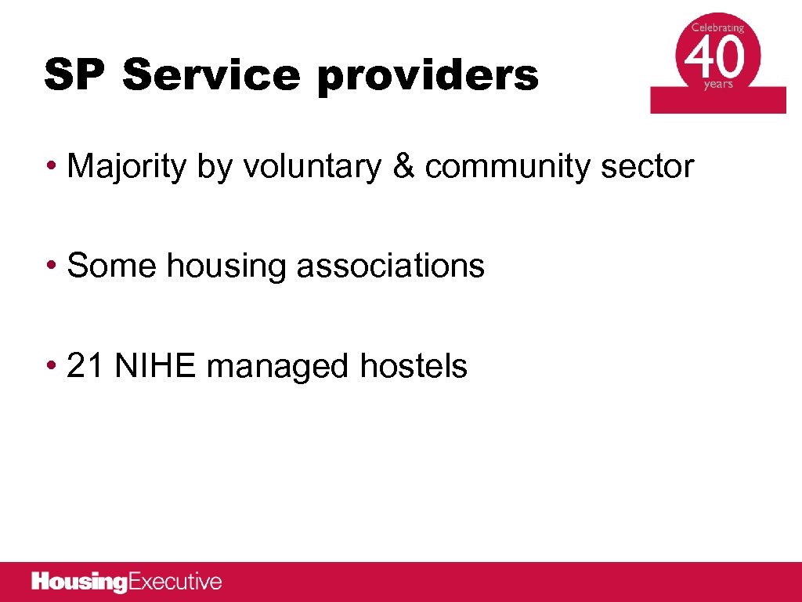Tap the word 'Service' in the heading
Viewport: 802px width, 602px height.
(211, 75)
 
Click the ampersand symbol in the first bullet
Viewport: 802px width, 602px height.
(403, 166)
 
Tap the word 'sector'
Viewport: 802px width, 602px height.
(648, 166)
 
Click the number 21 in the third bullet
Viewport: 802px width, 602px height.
(85, 365)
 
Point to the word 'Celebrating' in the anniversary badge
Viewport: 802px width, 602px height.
(717, 27)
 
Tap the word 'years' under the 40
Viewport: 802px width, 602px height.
(717, 85)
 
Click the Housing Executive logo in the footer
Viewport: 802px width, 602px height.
(127, 582)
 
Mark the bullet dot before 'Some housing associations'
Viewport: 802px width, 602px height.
(51, 267)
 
